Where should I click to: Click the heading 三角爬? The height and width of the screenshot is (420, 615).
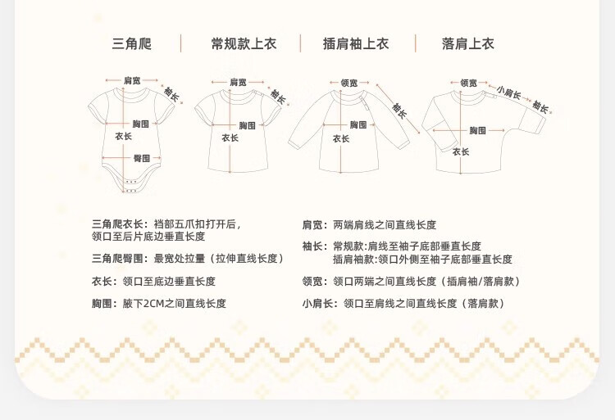coord(132,44)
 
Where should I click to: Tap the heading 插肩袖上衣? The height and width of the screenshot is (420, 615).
coord(356,44)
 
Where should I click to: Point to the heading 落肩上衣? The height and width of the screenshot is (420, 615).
coord(468,44)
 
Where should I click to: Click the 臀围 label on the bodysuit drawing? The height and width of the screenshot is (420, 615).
coord(141,158)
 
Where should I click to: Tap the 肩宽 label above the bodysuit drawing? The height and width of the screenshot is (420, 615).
coord(132,80)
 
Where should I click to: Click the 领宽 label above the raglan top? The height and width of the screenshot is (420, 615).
coord(348,83)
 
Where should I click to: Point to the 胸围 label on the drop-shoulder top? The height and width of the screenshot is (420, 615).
coord(478,131)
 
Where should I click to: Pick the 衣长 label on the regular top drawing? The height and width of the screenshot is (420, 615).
coord(230,138)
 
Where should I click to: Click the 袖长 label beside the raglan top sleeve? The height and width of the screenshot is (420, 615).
coord(399,109)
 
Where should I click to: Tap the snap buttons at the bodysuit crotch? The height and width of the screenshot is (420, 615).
coord(130,186)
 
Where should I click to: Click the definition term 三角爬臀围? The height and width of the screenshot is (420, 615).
coord(118,259)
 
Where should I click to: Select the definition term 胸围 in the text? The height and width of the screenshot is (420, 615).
coord(101,304)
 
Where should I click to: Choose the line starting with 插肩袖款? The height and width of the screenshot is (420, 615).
coord(421,259)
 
